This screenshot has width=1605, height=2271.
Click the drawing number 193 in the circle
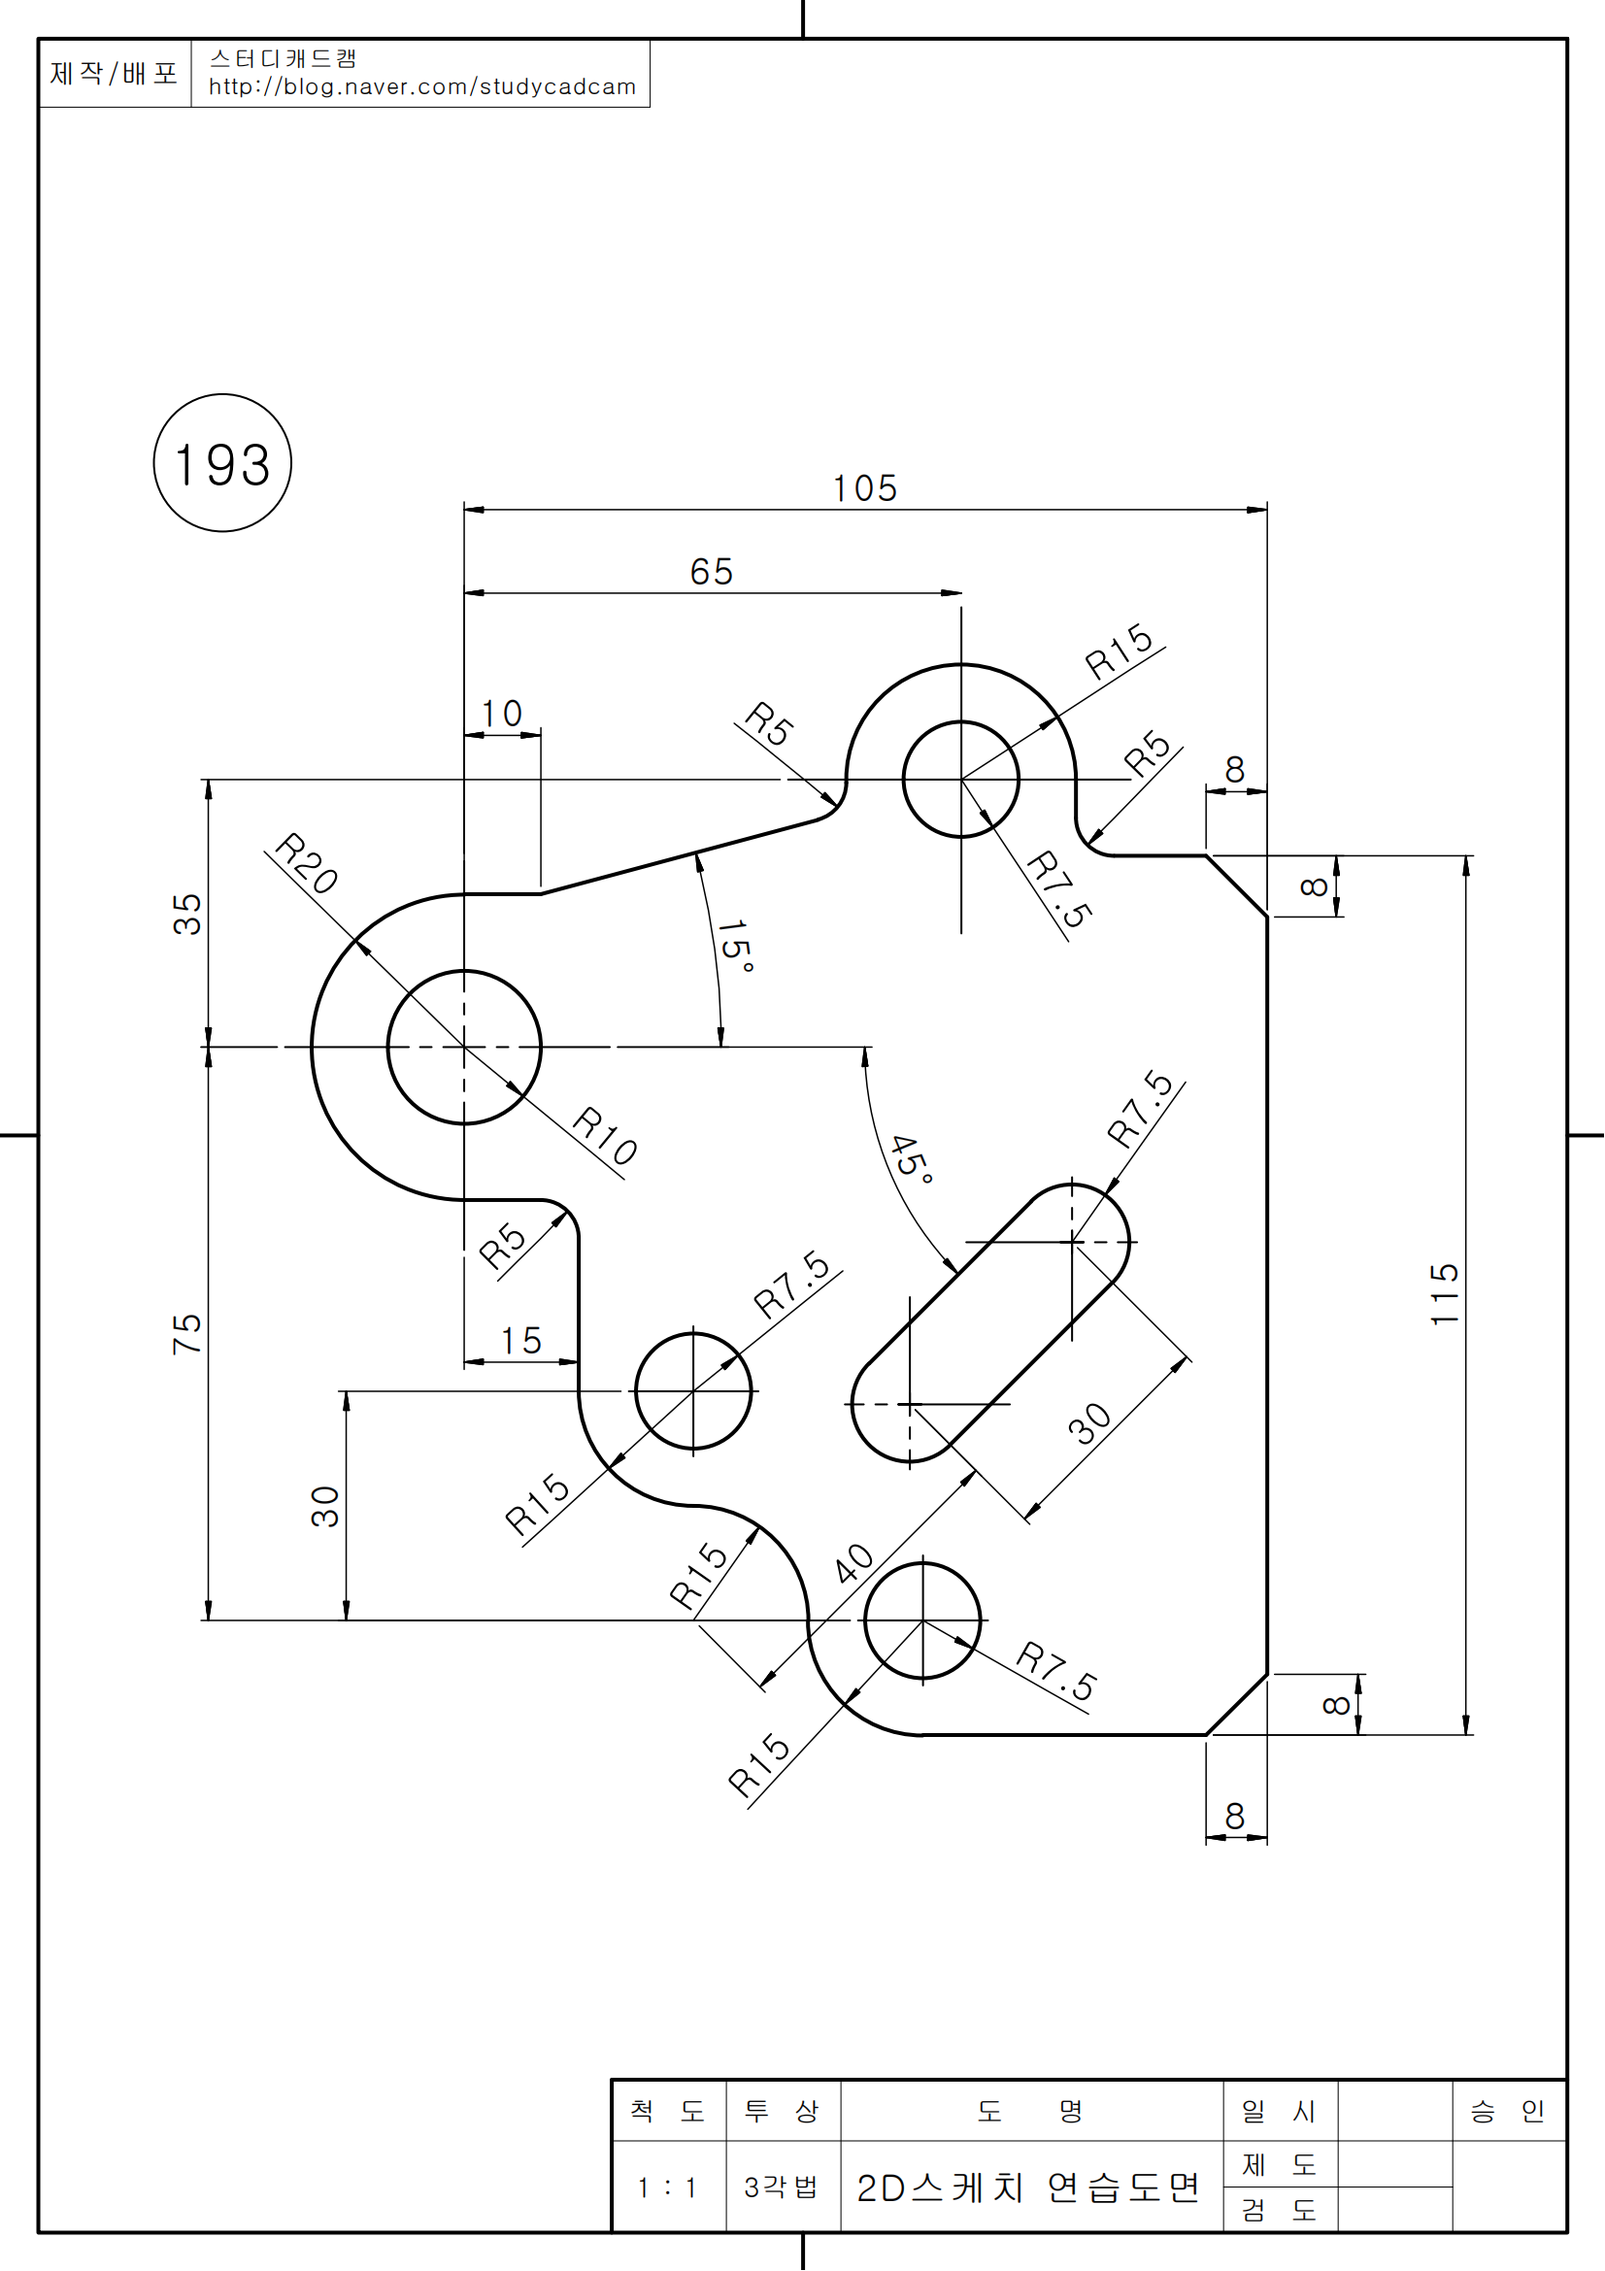[222, 465]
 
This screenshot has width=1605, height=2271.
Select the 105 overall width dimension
[864, 488]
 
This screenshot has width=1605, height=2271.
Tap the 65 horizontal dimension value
[711, 572]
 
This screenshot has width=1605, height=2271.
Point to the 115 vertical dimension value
[1445, 1293]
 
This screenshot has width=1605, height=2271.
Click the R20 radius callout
[307, 862]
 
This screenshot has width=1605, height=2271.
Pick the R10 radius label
[605, 1137]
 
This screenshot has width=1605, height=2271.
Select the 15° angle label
[736, 946]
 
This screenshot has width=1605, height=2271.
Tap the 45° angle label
[911, 1158]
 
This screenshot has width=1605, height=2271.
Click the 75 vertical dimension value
[186, 1334]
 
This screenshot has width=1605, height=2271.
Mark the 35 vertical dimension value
[186, 914]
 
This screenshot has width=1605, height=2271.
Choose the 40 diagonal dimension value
[853, 1563]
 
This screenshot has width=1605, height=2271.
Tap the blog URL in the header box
[422, 87]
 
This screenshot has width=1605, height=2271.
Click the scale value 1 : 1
[667, 2187]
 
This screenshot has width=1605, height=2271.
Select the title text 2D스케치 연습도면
[1028, 2188]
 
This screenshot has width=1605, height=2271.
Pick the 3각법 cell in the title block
[782, 2187]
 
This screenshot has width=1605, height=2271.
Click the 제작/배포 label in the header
[114, 73]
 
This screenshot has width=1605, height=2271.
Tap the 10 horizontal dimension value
[501, 715]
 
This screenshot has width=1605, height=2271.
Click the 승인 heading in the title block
[1507, 2111]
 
